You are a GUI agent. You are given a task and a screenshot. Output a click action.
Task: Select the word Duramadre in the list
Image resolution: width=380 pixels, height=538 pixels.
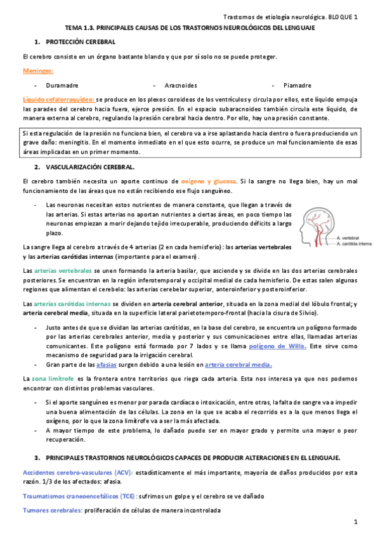click(x=61, y=85)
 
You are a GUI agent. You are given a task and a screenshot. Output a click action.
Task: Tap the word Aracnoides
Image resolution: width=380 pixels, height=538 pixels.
click(x=180, y=85)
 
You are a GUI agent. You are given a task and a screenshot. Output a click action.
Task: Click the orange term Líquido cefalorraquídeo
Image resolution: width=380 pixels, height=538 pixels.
click(x=58, y=100)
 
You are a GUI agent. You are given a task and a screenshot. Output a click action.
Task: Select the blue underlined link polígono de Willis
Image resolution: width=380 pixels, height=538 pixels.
click(x=277, y=346)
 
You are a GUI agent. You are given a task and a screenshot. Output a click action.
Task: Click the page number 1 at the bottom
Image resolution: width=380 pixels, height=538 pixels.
click(x=357, y=522)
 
